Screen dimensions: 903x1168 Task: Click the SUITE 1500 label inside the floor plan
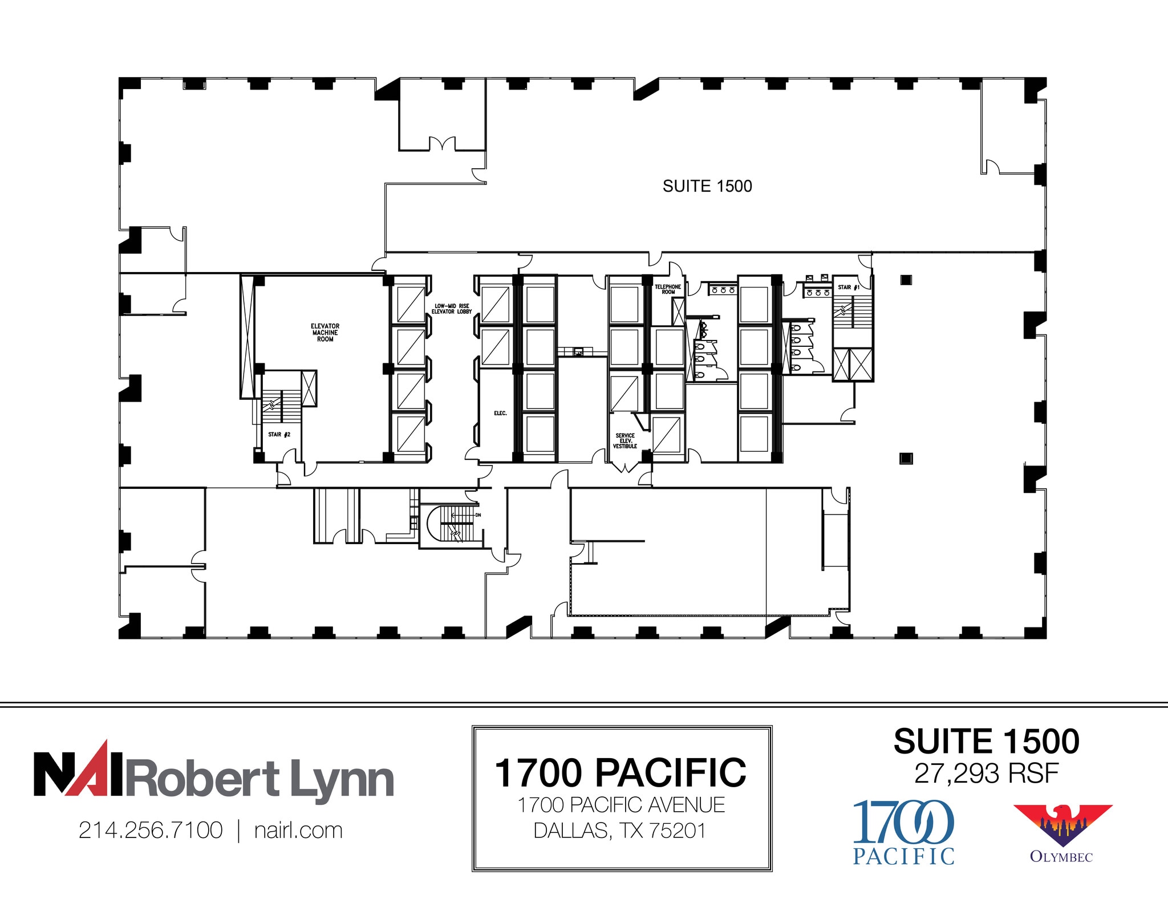coord(707,186)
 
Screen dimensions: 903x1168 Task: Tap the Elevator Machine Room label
coord(325,333)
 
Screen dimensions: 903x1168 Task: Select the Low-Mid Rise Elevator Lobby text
coord(451,309)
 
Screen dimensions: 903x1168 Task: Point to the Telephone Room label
coord(667,289)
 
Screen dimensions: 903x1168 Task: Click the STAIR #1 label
coord(848,287)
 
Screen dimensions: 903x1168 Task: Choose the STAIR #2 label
coord(279,435)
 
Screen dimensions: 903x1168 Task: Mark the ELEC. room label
coord(500,413)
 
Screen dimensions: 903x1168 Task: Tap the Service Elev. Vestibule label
coord(624,441)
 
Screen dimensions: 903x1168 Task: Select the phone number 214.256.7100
coord(151,831)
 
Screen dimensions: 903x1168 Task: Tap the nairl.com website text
coord(298,831)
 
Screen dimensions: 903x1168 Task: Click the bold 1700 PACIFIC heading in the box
coord(620,773)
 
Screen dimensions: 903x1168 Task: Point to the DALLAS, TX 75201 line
coord(620,831)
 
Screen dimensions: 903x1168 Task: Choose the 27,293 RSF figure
coord(986,774)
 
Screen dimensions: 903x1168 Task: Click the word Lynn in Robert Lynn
coord(342,779)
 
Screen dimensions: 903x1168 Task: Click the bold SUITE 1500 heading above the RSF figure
coord(986,742)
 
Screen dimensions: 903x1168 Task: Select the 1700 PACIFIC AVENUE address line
coord(620,805)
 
